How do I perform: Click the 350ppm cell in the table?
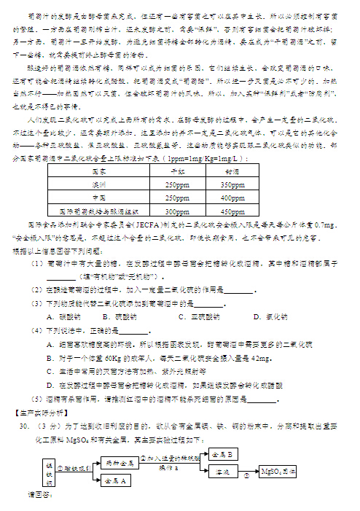pos(232,185)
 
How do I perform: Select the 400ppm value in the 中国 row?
pos(232,198)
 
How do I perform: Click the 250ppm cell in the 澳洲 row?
pos(178,185)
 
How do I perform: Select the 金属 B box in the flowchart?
pos(222,453)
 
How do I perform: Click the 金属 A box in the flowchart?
pos(117,480)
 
